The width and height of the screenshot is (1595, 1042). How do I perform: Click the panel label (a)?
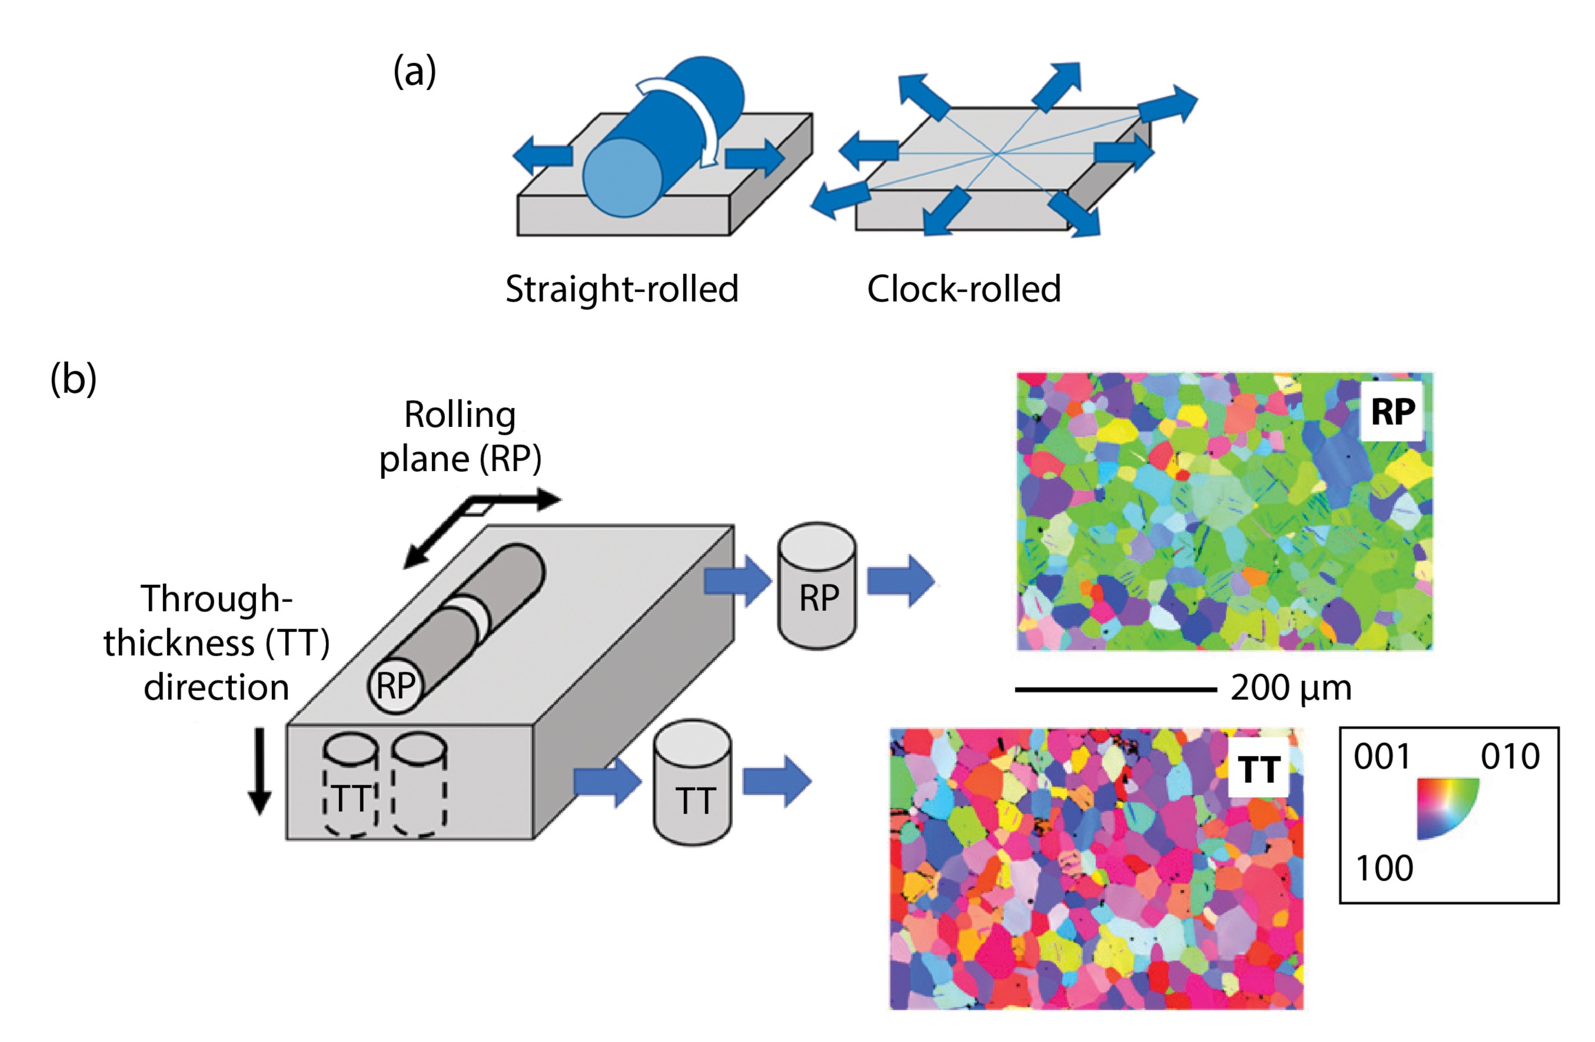(414, 72)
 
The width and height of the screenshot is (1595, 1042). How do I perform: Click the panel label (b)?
(73, 379)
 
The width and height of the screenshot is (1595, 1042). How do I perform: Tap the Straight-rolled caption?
(622, 289)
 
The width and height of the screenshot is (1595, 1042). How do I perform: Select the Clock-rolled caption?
(963, 289)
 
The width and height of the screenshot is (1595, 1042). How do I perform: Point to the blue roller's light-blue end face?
(623, 178)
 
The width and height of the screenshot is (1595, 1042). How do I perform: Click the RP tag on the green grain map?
(1393, 411)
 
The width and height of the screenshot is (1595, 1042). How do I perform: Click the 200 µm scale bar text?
(1291, 689)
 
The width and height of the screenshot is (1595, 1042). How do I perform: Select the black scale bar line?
(1116, 689)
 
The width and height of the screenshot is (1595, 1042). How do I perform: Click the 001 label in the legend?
(1382, 756)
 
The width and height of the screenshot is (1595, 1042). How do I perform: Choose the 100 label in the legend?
(1384, 868)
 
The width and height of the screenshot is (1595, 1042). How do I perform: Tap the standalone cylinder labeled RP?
(817, 587)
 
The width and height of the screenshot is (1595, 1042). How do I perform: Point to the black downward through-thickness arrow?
(260, 771)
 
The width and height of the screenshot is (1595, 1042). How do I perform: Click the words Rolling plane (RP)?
(460, 436)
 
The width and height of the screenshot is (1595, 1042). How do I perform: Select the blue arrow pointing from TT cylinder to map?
(777, 781)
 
